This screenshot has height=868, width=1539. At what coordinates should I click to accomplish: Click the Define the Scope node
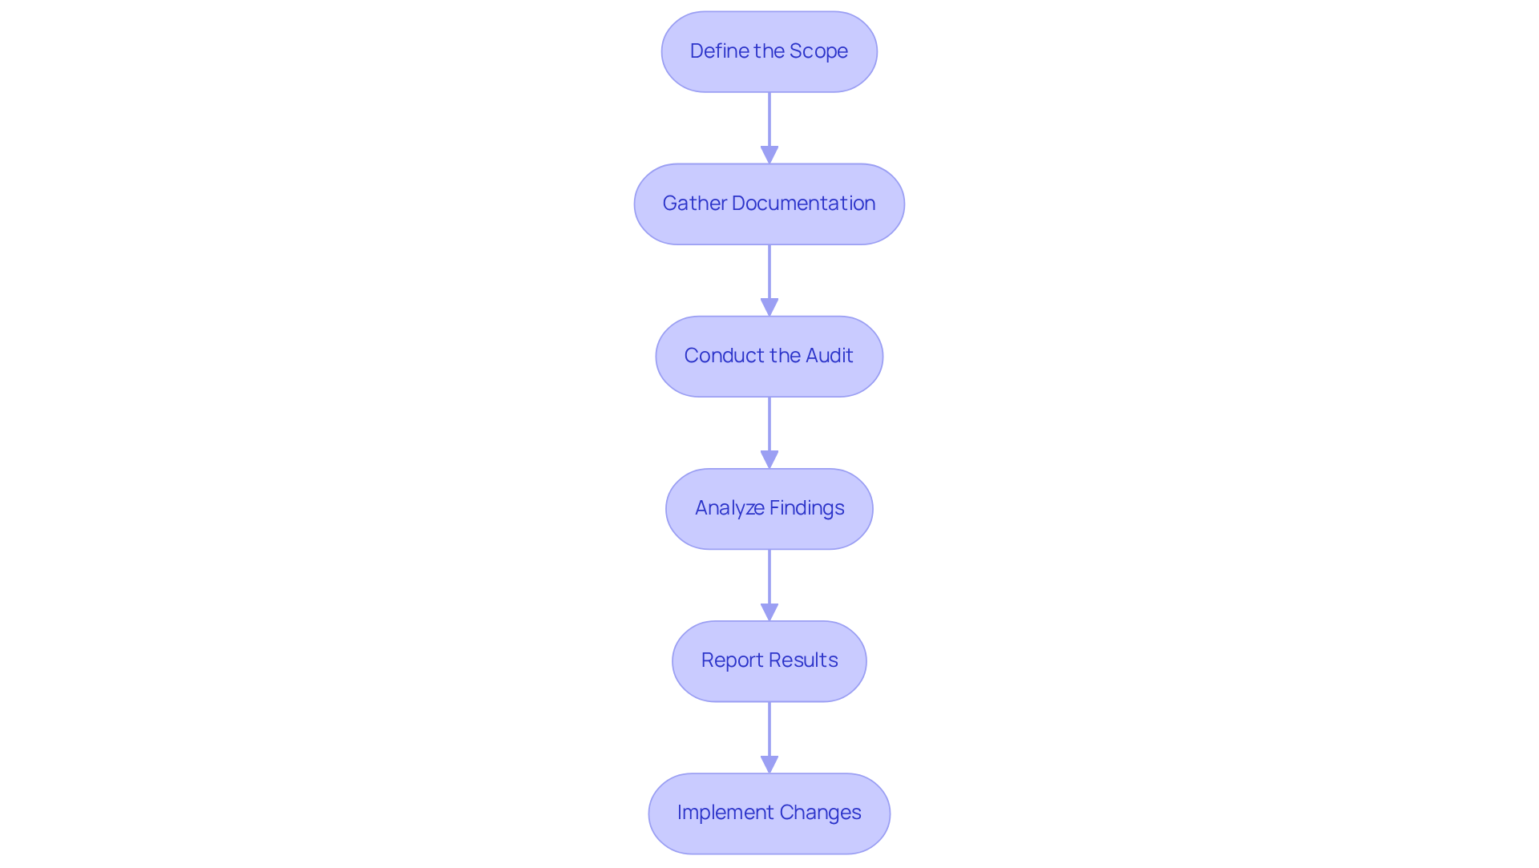(769, 51)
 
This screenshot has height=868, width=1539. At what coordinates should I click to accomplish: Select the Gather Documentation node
(769, 204)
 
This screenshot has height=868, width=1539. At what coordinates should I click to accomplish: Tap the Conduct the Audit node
(769, 356)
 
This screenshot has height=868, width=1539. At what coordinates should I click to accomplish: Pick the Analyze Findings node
(769, 508)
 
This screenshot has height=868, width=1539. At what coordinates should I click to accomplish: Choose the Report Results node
(769, 660)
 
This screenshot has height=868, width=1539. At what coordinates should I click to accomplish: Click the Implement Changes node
(769, 813)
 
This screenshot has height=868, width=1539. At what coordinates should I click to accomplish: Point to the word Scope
(818, 51)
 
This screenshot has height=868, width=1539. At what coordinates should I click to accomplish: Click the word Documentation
(803, 204)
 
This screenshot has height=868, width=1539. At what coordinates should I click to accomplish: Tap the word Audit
(830, 356)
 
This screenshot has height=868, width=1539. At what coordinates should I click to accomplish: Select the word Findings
(807, 508)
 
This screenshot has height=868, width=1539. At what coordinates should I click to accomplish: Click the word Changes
(820, 813)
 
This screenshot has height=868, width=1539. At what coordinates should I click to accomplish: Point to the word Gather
(694, 204)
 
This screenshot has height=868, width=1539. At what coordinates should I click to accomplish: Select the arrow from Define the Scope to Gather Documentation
(769, 124)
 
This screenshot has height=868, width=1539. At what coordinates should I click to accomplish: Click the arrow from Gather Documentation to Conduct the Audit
(769, 277)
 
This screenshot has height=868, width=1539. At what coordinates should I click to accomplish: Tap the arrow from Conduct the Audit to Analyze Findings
(769, 429)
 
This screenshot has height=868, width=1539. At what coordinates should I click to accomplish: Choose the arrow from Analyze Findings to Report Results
(769, 581)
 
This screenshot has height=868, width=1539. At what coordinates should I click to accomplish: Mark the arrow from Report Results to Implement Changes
(769, 733)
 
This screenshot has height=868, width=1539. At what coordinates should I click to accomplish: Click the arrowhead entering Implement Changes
(769, 765)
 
